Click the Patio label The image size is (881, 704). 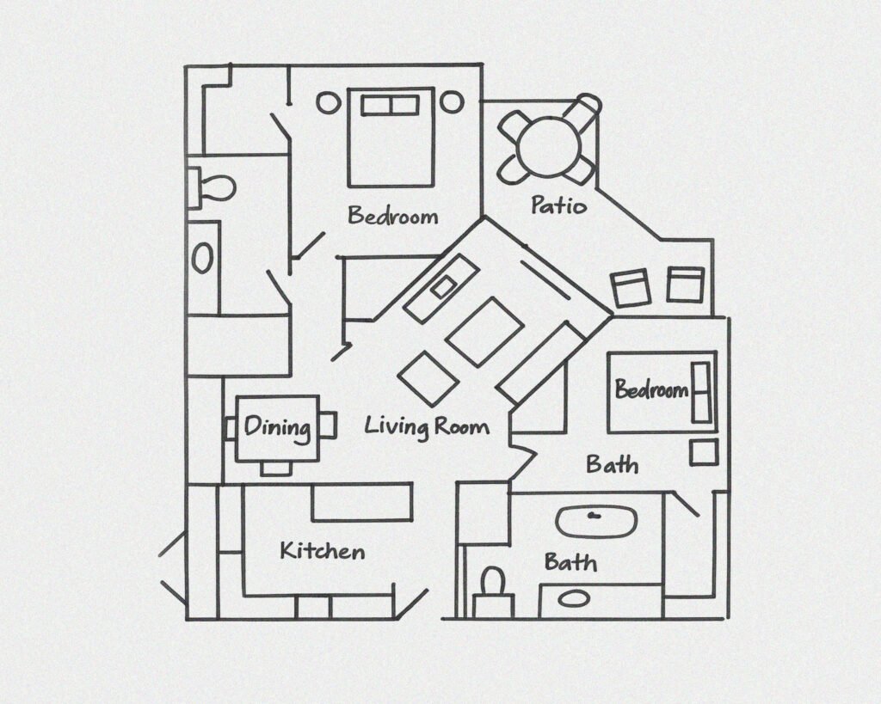tap(558, 205)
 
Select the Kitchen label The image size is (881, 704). tap(323, 551)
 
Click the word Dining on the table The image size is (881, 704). tap(278, 428)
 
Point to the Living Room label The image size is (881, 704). tap(427, 426)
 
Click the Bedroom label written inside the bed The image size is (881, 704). tap(652, 389)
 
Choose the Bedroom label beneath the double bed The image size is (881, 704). tap(392, 216)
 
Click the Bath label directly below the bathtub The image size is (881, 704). tap(570, 562)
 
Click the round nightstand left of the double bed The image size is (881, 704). tap(328, 103)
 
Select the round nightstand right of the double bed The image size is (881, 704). tap(452, 102)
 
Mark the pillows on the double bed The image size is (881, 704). tap(390, 106)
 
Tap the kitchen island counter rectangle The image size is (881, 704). tap(362, 501)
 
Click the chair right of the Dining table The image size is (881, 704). tap(328, 425)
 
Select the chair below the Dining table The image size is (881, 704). tap(276, 468)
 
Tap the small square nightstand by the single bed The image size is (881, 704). tap(704, 452)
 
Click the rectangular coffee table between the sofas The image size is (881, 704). tap(485, 331)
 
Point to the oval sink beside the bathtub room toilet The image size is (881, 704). tap(574, 599)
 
